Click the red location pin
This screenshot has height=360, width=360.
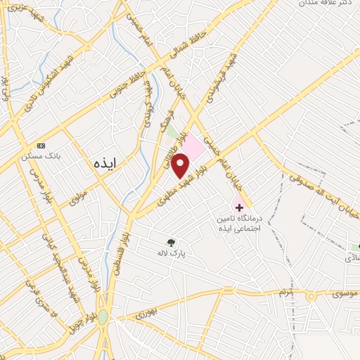pyautogui.click(x=181, y=165)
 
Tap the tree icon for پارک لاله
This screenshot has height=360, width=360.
pyautogui.click(x=170, y=241)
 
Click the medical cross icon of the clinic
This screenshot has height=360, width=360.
pyautogui.click(x=240, y=207)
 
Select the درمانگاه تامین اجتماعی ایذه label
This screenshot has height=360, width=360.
pyautogui.click(x=240, y=224)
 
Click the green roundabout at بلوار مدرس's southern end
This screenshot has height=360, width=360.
pyautogui.click(x=103, y=317)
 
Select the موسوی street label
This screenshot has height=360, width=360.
pyautogui.click(x=339, y=290)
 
